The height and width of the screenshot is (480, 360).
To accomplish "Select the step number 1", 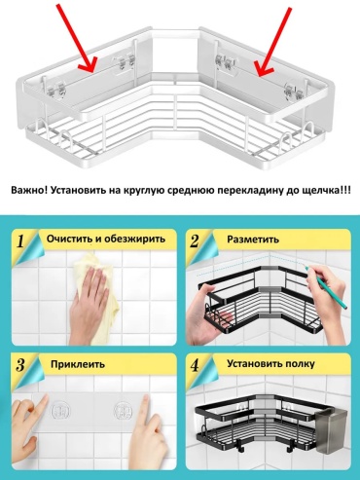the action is point(20,241).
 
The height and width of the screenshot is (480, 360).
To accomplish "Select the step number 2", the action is point(195,241).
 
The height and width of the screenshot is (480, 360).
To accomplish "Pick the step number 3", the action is point(20,365).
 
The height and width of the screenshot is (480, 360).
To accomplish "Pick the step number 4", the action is point(195,366).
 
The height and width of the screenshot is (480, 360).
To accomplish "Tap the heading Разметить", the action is point(253,240).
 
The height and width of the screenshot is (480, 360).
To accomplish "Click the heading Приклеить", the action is point(78,364).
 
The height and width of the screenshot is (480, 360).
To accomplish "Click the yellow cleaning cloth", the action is point(97,292).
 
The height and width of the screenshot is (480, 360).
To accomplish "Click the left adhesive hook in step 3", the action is point(60,411).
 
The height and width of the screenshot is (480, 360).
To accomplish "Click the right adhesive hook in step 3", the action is point(124,411).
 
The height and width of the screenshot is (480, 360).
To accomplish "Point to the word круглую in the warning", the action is point(143,191).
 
